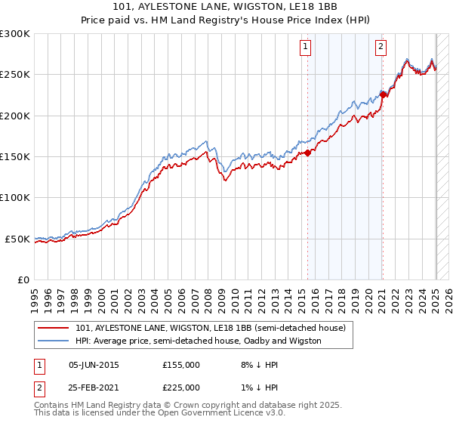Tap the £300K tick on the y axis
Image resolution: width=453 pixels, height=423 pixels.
click(x=15, y=34)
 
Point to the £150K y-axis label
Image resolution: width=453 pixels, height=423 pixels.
click(x=15, y=157)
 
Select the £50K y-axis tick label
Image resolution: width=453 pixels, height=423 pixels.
click(x=18, y=239)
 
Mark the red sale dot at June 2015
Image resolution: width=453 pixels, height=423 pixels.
click(x=308, y=153)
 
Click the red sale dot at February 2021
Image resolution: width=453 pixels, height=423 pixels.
click(x=384, y=95)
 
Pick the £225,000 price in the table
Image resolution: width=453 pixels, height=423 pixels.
click(x=181, y=387)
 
